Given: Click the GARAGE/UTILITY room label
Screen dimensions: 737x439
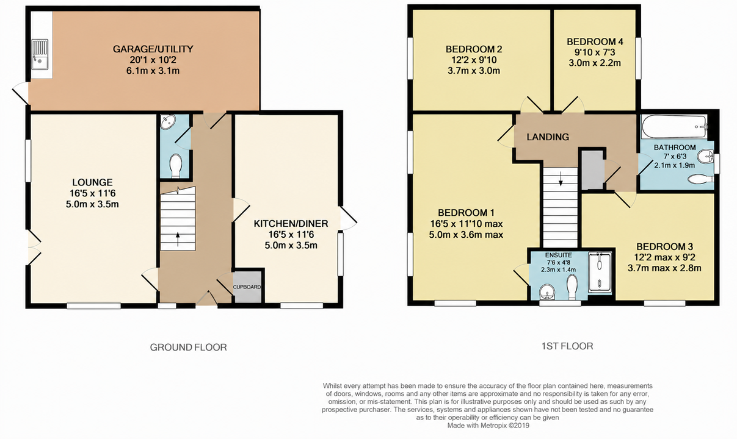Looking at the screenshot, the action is click(153, 49).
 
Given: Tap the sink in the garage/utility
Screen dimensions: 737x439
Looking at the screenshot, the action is click(40, 55).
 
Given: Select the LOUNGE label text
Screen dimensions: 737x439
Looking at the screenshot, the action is click(92, 182).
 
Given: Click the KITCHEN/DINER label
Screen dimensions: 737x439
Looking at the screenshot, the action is click(291, 224).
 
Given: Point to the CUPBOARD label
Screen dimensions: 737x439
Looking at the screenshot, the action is click(247, 287).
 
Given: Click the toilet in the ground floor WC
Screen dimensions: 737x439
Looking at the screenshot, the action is click(175, 166).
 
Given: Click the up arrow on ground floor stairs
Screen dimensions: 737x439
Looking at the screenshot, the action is click(178, 239).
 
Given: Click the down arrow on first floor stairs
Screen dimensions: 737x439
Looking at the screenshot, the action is click(561, 179).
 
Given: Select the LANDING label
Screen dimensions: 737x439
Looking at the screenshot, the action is click(548, 137).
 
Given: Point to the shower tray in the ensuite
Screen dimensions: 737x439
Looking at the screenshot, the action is click(600, 272).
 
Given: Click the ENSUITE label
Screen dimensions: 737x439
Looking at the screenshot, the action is click(558, 255).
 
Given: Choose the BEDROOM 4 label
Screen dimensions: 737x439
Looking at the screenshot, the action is click(595, 41).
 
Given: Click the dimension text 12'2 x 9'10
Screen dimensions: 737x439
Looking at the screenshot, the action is click(474, 60).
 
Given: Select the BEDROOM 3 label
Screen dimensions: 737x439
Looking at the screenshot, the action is click(664, 247).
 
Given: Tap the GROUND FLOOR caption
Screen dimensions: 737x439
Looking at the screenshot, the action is click(188, 348).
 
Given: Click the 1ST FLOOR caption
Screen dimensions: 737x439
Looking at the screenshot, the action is click(567, 346).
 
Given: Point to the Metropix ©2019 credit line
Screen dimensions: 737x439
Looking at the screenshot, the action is click(488, 426).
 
